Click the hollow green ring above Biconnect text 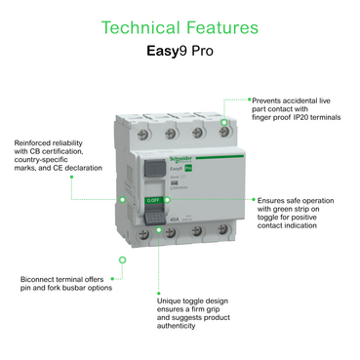[x=122, y=260]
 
